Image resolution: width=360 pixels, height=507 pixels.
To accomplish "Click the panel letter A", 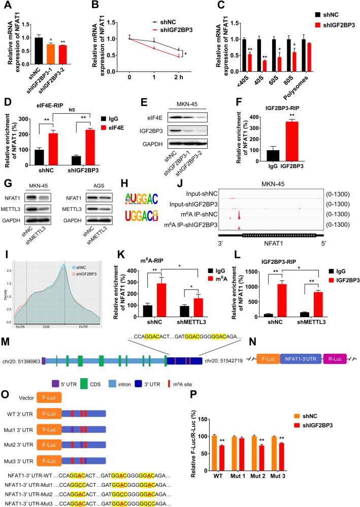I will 7,6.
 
